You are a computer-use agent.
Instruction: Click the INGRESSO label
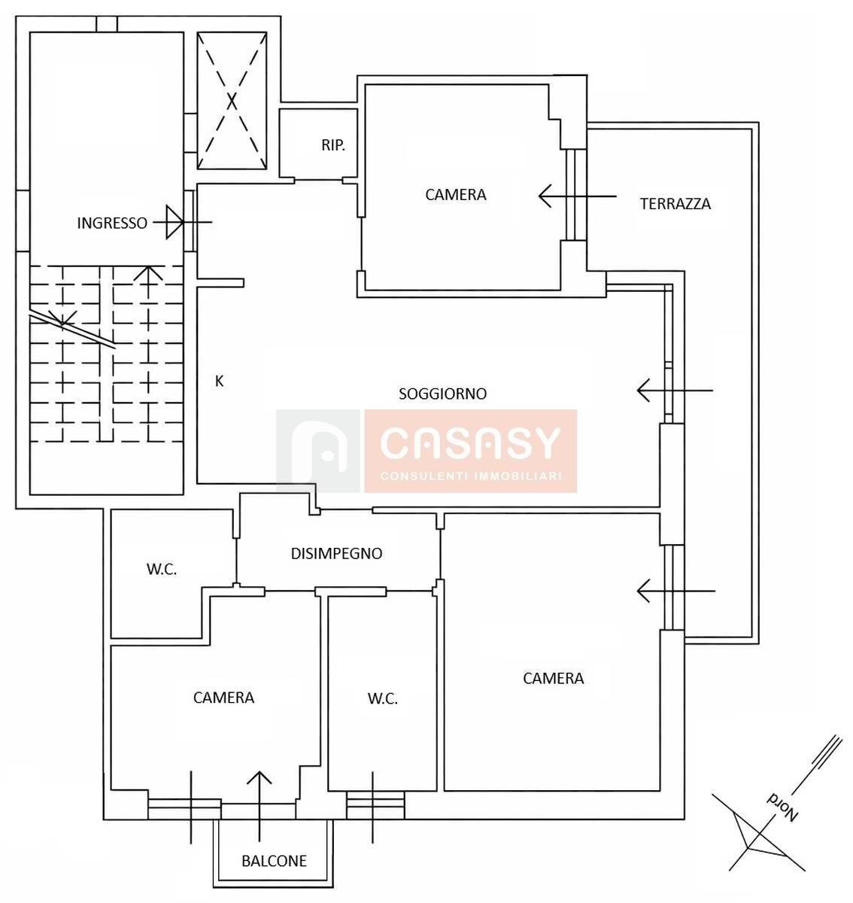coord(112,223)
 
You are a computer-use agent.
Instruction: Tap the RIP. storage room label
coord(333,145)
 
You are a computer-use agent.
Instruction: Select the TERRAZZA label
coord(675,204)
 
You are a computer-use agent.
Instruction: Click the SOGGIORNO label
coord(442,394)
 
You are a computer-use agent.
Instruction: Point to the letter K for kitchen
coord(219,382)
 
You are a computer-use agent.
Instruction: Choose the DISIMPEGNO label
coord(336,553)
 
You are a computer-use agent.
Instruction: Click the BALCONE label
coord(274,861)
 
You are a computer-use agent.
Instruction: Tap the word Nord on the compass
coord(782,810)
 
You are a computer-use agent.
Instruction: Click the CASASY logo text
coord(470,444)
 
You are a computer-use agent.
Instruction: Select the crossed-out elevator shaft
coord(232,101)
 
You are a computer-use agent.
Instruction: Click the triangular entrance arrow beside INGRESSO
coord(175,222)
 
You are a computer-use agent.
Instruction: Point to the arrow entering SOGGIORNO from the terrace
coord(675,391)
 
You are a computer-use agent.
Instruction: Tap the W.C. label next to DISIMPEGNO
coord(162,569)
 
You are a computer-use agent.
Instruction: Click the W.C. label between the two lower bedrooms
coord(383,698)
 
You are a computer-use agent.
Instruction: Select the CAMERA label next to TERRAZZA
coord(456,195)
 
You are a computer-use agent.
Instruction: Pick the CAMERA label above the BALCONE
coord(223,698)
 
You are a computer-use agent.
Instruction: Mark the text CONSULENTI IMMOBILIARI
coord(471,476)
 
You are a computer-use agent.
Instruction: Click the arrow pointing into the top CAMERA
coord(578,196)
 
